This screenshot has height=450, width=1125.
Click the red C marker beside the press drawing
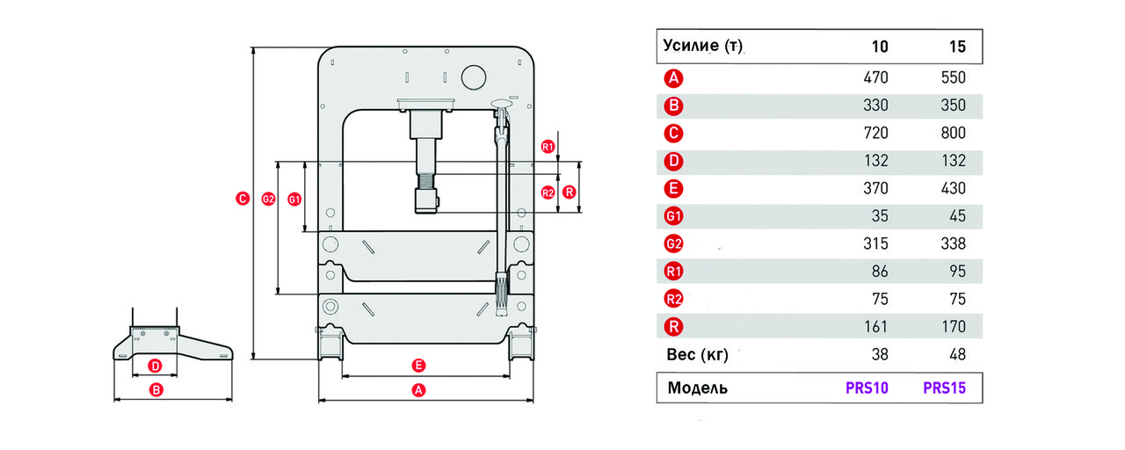(x=243, y=199)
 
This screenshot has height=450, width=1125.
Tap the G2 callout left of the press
(x=269, y=199)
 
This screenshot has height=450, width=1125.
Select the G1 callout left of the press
(x=294, y=200)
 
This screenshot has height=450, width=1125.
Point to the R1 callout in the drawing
(x=548, y=147)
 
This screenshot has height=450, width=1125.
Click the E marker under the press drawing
(x=418, y=366)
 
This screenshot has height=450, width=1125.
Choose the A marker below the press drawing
(x=418, y=390)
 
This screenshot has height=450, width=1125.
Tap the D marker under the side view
(x=156, y=367)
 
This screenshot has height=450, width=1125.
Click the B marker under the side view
(x=156, y=389)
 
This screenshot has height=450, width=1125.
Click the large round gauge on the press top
(x=474, y=77)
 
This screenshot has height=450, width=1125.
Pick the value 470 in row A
(x=876, y=78)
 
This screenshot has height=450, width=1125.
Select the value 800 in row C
(x=954, y=133)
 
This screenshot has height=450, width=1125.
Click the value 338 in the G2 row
(x=954, y=244)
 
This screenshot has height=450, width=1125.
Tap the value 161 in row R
(x=876, y=327)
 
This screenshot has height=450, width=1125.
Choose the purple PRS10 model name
(x=867, y=388)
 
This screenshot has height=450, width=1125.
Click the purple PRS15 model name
(x=944, y=388)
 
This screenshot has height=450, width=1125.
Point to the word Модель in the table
(x=698, y=388)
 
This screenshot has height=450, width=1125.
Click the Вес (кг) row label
(x=697, y=354)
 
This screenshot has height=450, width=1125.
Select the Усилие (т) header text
(x=702, y=46)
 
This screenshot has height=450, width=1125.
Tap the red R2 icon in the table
(x=673, y=300)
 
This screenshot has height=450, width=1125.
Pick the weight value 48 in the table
(x=957, y=354)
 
